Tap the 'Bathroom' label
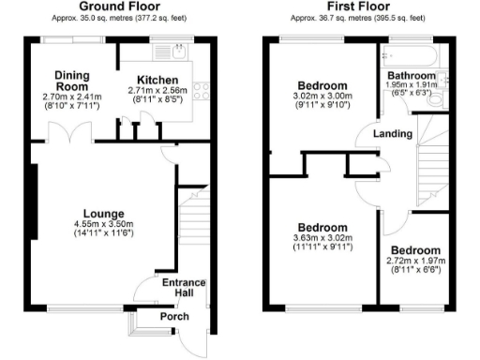[412, 76]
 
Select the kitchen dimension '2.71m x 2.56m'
[157, 91]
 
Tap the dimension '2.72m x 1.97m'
[414, 262]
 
